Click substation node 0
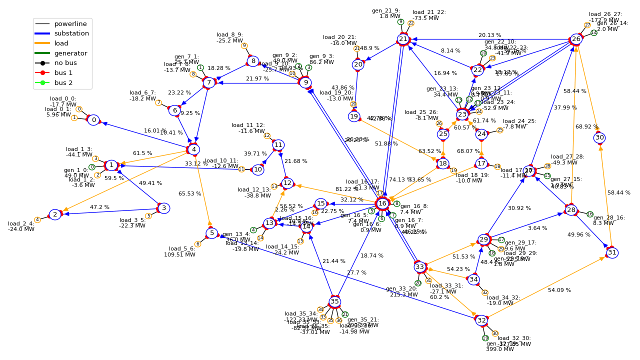point(93,120)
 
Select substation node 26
point(576,39)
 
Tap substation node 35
point(334,301)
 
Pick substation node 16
point(382,203)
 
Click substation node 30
point(599,137)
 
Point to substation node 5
point(212,233)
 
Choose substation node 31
point(612,252)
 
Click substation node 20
point(358,64)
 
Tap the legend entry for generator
point(70,53)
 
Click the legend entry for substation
point(71,33)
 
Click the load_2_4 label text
point(21,226)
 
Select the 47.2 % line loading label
point(99,207)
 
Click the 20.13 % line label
point(489,35)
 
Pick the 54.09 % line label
point(559,290)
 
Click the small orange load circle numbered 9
point(244,46)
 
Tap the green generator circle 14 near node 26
point(594,33)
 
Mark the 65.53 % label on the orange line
point(189,193)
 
